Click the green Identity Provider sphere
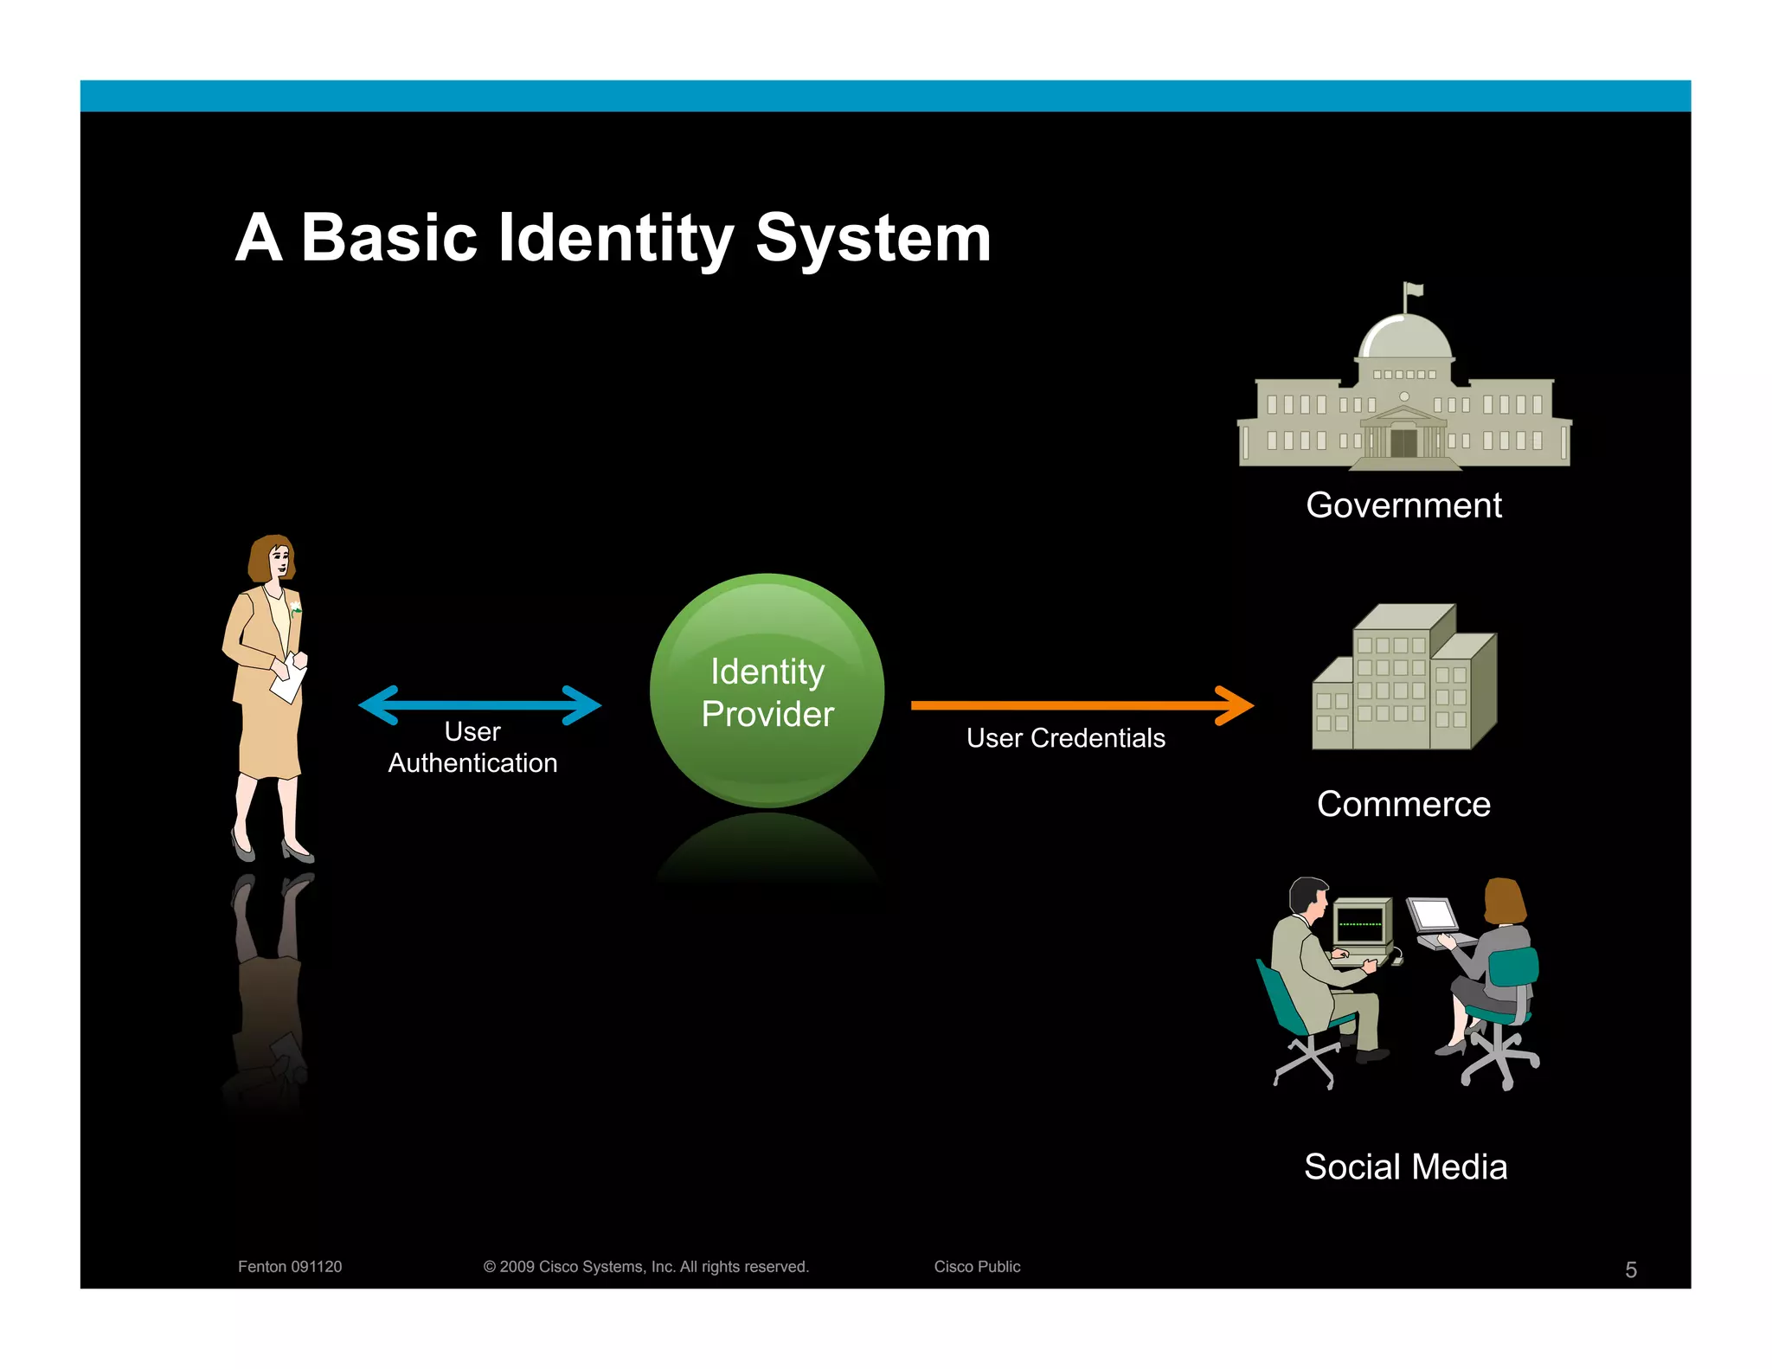click(x=767, y=691)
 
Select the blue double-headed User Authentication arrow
click(x=479, y=704)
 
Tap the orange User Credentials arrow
click(x=1082, y=705)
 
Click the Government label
click(x=1403, y=505)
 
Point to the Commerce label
click(x=1403, y=805)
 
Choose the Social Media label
click(x=1405, y=1167)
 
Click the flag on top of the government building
click(x=1414, y=290)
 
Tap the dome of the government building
click(x=1404, y=337)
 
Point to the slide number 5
click(x=1630, y=1269)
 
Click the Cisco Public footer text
click(x=977, y=1267)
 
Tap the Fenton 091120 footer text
click(x=290, y=1267)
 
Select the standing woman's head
click(x=273, y=557)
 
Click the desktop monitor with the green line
click(x=1361, y=923)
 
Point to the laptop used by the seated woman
click(x=1437, y=922)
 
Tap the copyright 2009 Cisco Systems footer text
click(x=645, y=1267)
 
